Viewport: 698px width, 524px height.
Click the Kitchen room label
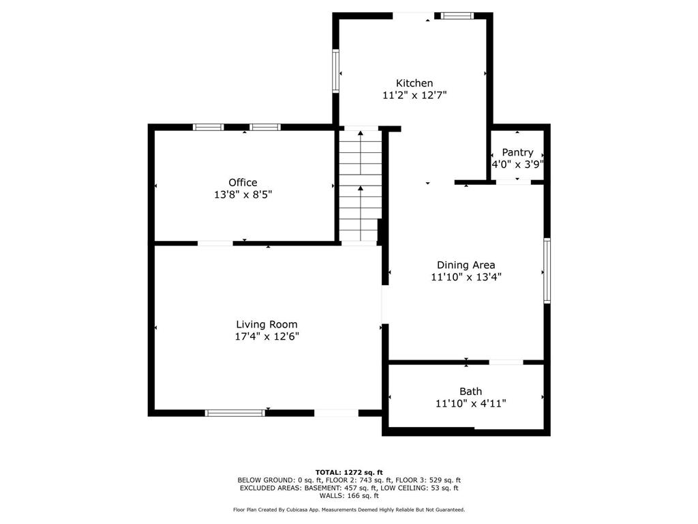click(x=414, y=83)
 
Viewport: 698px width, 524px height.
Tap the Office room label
click(x=243, y=183)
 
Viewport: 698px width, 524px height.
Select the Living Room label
click(x=267, y=325)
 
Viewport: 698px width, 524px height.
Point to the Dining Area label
click(x=466, y=265)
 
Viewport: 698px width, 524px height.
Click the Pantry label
click(x=517, y=152)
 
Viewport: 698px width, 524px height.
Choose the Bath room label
click(x=470, y=392)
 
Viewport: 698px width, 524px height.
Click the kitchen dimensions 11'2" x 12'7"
click(x=414, y=96)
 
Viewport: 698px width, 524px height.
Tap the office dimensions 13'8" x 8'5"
click(x=243, y=194)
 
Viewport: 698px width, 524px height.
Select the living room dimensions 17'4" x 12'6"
click(x=267, y=337)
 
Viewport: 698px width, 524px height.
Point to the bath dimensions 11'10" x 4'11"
click(x=470, y=404)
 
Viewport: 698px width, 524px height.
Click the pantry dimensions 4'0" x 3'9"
click(x=517, y=164)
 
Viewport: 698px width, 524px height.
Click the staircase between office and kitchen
click(x=361, y=186)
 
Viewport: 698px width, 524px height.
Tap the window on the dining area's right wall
click(x=547, y=270)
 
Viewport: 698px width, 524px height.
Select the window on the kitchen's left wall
click(x=335, y=71)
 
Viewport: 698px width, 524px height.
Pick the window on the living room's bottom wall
click(x=235, y=413)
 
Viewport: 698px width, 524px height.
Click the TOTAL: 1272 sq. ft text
click(x=349, y=472)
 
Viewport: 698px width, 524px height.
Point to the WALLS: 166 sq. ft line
click(x=349, y=495)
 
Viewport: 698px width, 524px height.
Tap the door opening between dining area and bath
click(x=506, y=362)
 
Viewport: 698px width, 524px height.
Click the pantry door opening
click(x=514, y=182)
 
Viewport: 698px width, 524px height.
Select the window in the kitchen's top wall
click(x=457, y=16)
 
